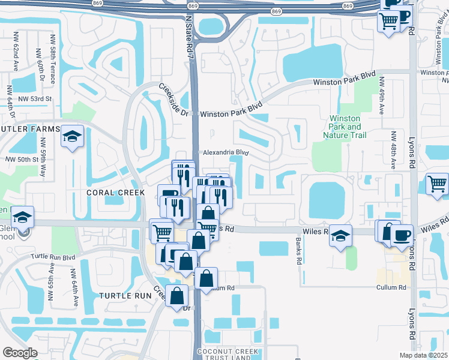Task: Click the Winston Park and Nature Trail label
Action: [x=346, y=127]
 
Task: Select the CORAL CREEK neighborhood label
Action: [x=116, y=193]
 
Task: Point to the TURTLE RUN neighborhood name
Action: [x=125, y=296]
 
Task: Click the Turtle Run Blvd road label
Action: [x=55, y=256]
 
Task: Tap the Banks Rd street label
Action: [x=298, y=251]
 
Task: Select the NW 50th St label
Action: [x=22, y=160]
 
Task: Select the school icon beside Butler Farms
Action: [x=72, y=137]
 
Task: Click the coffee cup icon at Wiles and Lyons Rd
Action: [x=402, y=235]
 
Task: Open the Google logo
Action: [x=20, y=353]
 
